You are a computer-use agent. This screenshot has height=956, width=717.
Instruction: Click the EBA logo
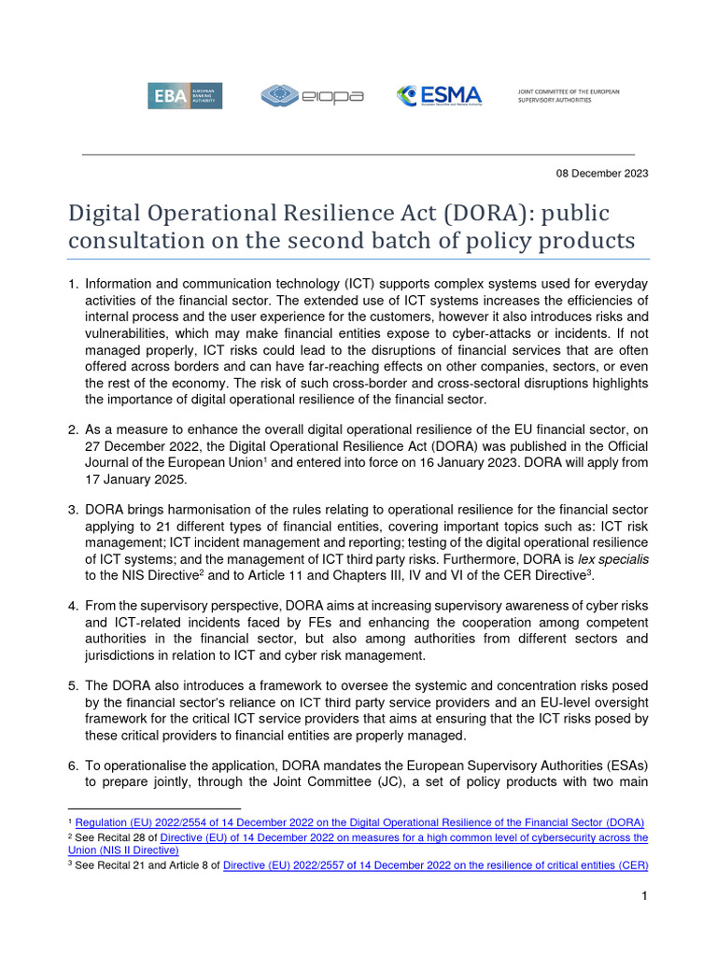pos(184,95)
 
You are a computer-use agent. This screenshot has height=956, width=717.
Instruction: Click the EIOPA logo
pos(312,95)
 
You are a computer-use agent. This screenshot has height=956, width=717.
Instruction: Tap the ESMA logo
pos(439,95)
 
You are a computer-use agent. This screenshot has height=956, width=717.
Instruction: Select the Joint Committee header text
pos(568,95)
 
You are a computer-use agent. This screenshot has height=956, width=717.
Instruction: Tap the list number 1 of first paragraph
pos(73,284)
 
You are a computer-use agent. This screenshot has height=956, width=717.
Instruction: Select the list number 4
pos(73,607)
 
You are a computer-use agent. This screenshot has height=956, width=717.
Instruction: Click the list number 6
pos(73,765)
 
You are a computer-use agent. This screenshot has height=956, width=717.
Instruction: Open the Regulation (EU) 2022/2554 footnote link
pos(359,822)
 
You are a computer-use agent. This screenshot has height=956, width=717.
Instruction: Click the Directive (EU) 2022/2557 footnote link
pos(436,865)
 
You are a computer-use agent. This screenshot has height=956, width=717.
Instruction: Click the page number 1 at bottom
pos(644,896)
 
